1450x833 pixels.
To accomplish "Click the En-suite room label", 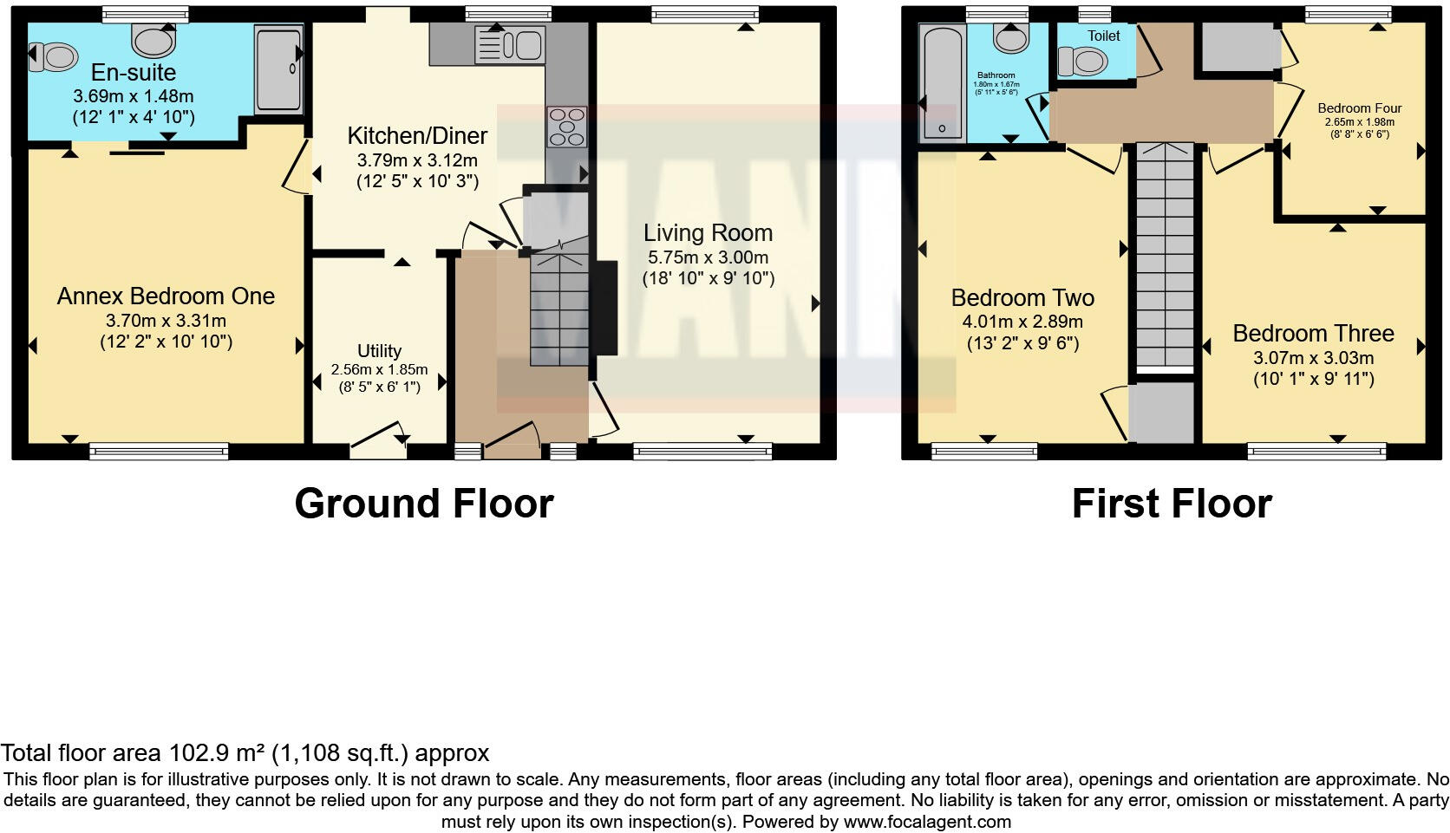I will point(134,73).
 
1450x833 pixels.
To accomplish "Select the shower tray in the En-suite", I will point(278,69).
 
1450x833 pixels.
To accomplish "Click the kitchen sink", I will point(509,45).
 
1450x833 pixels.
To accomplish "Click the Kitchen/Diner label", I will point(417,136).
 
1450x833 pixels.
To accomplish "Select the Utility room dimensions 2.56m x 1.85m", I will point(379,369).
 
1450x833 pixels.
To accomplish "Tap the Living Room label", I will point(708,233).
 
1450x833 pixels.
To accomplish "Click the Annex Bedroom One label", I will point(166,296).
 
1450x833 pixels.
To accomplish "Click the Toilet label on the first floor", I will point(1104,36).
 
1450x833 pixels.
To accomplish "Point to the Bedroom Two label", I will point(1022,298).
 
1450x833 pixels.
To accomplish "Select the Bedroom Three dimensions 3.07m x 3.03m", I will point(1313,358).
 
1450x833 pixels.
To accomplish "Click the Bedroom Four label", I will point(1359,108).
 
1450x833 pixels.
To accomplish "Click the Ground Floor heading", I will point(423,504).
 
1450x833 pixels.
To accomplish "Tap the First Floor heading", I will point(1171,504).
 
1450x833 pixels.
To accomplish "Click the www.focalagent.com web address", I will point(927,821).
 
